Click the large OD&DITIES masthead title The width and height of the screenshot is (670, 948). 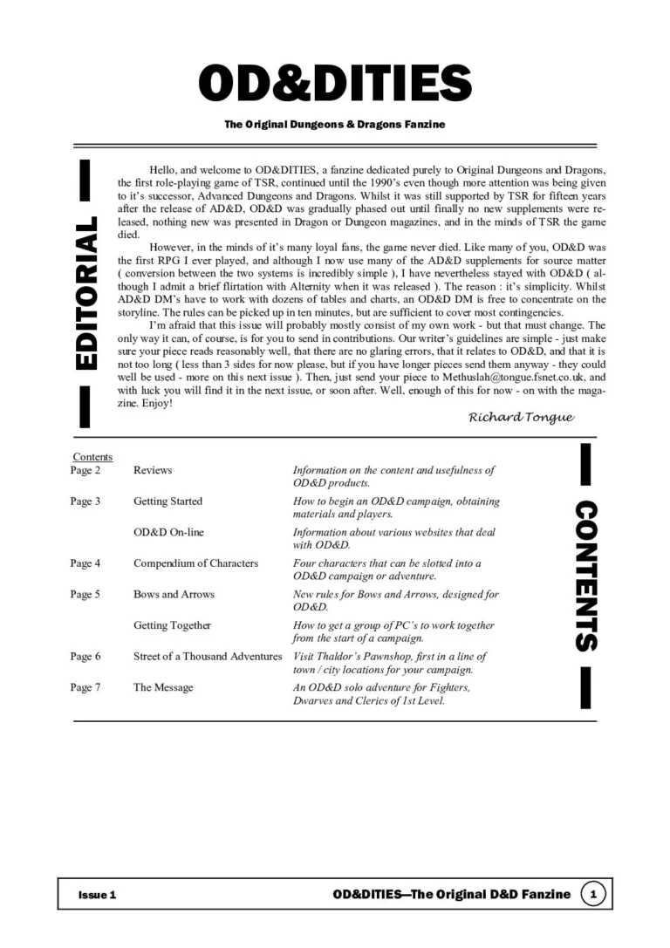[335, 83]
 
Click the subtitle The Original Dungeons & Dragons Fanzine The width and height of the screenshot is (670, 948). [335, 125]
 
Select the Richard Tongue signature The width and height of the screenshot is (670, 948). [521, 417]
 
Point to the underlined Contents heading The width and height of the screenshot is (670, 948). [92, 456]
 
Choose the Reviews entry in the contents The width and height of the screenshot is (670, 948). [153, 470]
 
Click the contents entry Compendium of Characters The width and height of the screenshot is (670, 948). [195, 563]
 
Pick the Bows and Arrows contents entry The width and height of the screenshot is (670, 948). [174, 595]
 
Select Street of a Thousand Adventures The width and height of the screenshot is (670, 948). [208, 657]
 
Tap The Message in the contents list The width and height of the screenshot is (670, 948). [163, 688]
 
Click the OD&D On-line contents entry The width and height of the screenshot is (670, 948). [168, 532]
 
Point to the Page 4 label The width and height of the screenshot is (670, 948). [85, 563]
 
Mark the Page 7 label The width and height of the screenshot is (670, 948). [85, 688]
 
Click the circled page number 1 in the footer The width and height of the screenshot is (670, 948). [593, 894]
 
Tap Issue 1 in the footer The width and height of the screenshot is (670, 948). [97, 895]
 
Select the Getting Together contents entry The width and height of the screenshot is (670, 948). [172, 625]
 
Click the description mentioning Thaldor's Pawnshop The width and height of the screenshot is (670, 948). [390, 663]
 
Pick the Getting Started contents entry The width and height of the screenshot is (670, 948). [167, 501]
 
